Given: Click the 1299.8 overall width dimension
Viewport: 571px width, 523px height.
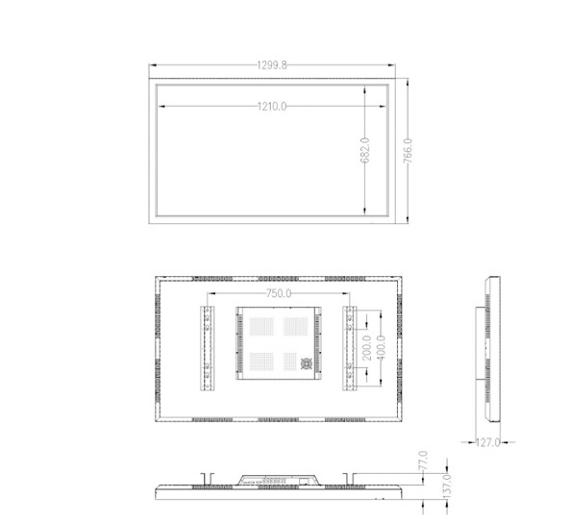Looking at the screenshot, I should click(272, 65).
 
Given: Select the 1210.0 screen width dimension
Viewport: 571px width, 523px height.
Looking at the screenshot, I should click(272, 106).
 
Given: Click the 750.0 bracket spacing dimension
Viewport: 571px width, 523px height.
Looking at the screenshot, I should click(279, 294).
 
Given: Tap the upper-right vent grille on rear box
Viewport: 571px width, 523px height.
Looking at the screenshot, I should click(292, 327).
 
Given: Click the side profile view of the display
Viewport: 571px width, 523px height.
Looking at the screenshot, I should click(492, 352).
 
